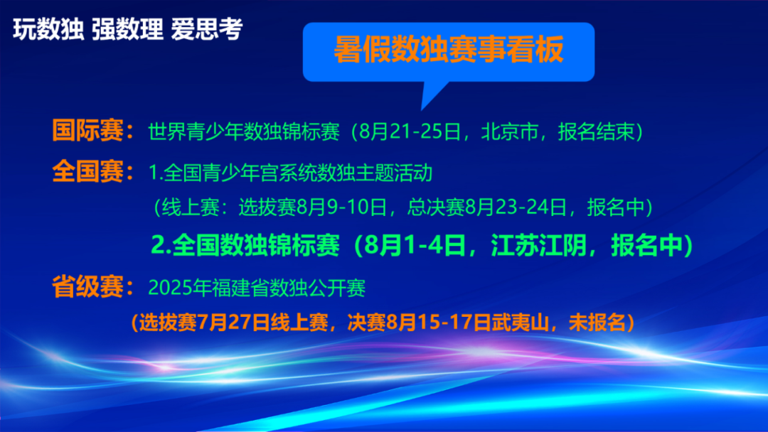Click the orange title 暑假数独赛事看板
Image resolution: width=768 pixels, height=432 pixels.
[448, 50]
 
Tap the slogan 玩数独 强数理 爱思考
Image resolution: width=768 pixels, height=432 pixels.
[128, 29]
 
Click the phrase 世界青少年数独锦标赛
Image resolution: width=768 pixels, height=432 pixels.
[244, 131]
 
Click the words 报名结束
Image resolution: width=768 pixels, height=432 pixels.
[596, 131]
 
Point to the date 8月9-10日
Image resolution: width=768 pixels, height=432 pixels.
[341, 207]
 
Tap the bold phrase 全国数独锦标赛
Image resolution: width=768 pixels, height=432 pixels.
[256, 245]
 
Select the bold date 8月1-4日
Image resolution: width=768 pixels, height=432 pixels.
[415, 245]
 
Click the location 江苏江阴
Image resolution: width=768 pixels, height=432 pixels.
[539, 245]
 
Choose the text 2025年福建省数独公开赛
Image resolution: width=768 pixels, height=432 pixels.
[257, 288]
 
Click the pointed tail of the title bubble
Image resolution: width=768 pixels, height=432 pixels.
[422, 109]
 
